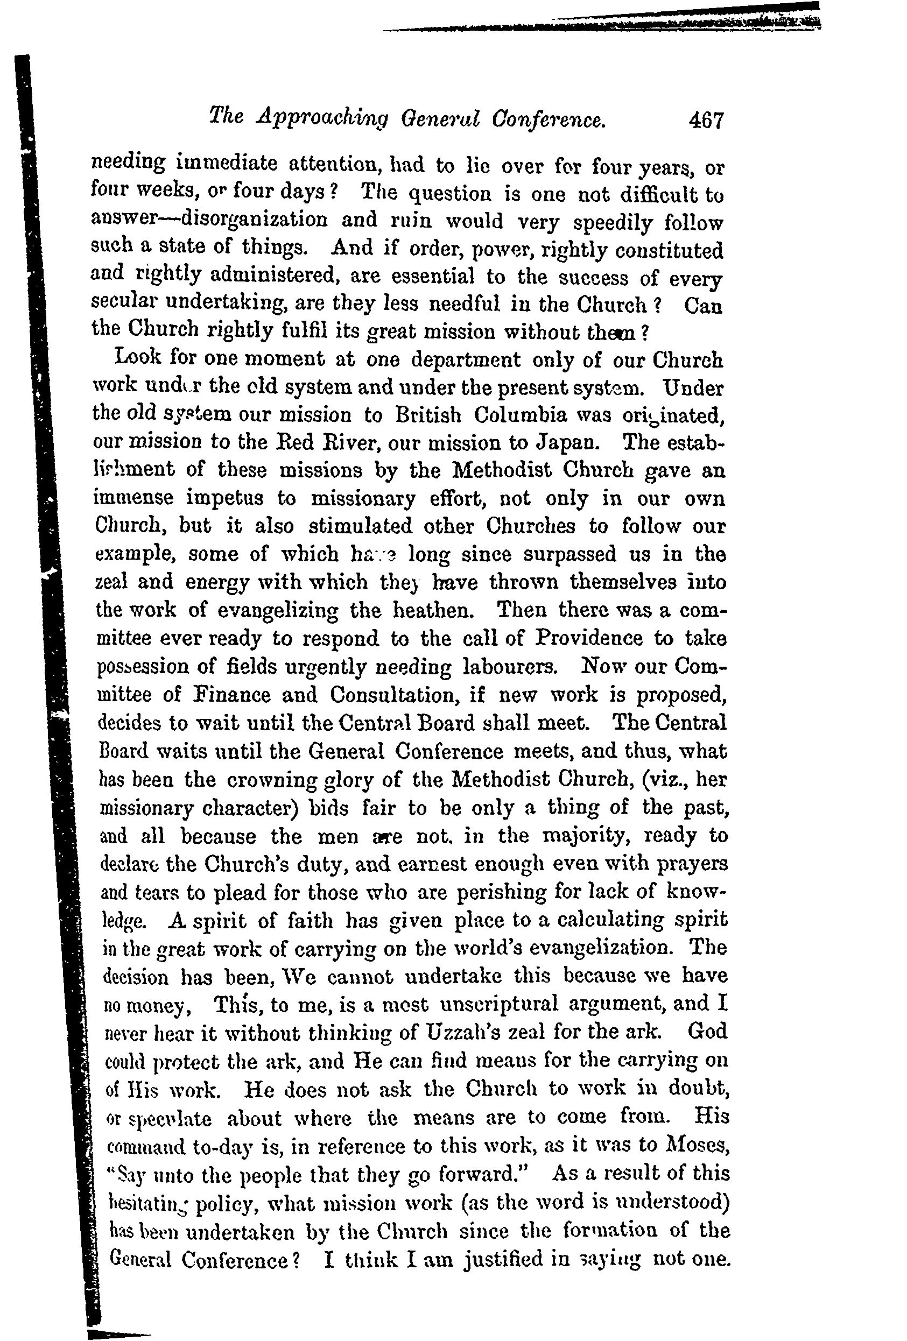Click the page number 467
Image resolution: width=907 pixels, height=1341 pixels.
click(705, 121)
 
